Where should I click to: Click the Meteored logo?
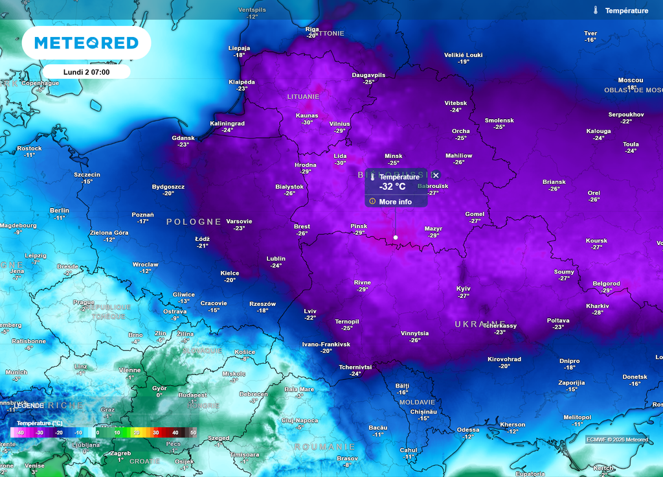(86, 43)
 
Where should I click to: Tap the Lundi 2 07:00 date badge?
(86, 72)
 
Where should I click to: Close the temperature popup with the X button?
(436, 176)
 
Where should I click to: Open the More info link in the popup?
(395, 202)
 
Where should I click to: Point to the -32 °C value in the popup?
(392, 187)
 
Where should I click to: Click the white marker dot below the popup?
(396, 238)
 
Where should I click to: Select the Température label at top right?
(626, 10)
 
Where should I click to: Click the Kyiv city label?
(464, 288)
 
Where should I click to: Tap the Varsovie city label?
(239, 221)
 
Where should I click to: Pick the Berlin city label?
(60, 211)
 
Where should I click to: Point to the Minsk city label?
(394, 156)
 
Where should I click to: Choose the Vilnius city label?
(339, 124)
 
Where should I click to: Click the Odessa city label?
(468, 430)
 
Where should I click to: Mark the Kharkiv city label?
(597, 305)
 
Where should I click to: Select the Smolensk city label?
(499, 121)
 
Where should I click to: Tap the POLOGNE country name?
(194, 222)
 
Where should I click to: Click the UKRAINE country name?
(480, 323)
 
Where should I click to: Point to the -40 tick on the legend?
(21, 432)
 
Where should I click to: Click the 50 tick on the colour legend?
(193, 432)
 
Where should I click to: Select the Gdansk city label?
(183, 137)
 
